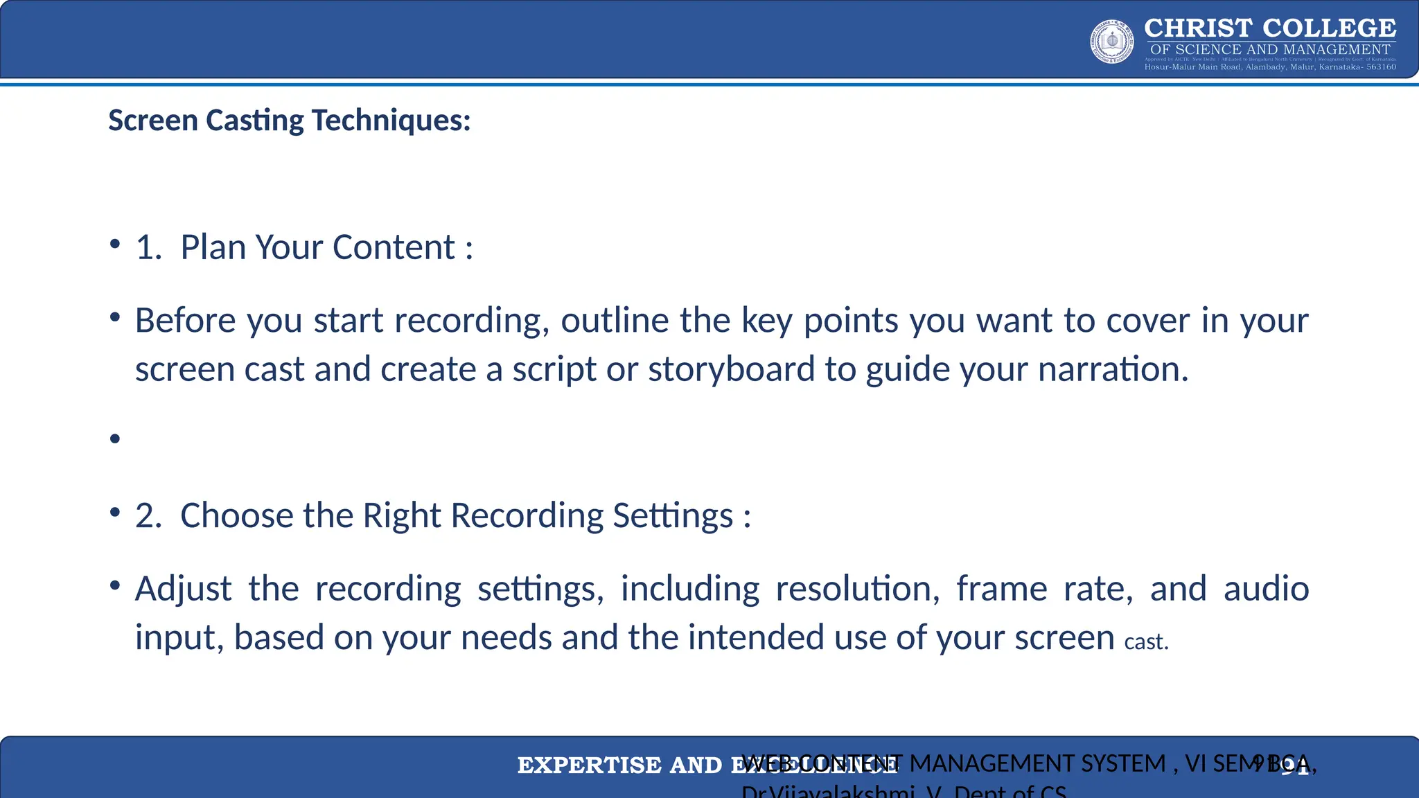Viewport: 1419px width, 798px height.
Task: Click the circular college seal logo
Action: point(1112,42)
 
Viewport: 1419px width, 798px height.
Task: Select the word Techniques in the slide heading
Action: point(391,121)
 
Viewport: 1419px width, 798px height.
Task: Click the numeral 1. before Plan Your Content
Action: point(148,247)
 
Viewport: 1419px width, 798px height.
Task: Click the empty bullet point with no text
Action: point(115,438)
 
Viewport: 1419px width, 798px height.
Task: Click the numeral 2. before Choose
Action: point(148,516)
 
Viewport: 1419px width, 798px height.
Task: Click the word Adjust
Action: point(183,589)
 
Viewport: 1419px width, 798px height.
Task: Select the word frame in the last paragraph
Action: point(1002,589)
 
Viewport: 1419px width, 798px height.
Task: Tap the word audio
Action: point(1266,589)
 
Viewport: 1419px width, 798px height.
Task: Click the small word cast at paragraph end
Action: point(1146,642)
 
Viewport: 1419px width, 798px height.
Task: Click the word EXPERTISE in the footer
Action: point(589,765)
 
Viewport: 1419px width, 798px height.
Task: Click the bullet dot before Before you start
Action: point(115,319)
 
